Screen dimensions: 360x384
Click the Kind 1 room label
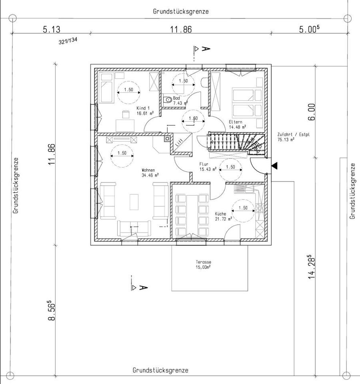click(x=145, y=110)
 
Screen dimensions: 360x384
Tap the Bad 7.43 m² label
click(x=180, y=100)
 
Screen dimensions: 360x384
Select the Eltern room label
click(x=237, y=124)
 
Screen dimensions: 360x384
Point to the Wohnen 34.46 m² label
click(x=150, y=172)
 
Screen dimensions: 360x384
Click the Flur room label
click(x=208, y=166)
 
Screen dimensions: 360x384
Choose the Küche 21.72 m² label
click(x=223, y=216)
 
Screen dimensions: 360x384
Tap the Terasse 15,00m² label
click(x=203, y=264)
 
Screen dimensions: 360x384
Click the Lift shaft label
click(x=179, y=142)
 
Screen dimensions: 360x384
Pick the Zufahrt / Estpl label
click(x=293, y=137)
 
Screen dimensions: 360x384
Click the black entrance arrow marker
click(x=274, y=166)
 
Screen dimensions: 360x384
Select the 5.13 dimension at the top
click(x=52, y=29)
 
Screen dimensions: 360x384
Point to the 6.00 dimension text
click(x=311, y=112)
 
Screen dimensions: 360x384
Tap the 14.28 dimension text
click(x=311, y=266)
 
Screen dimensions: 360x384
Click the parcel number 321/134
click(x=68, y=40)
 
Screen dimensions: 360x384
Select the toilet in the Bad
click(x=168, y=100)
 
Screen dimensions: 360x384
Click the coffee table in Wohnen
click(x=134, y=202)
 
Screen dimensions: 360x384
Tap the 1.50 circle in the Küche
click(x=243, y=211)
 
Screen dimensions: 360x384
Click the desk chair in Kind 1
click(x=125, y=115)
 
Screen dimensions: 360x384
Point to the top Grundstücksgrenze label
click(x=181, y=11)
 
